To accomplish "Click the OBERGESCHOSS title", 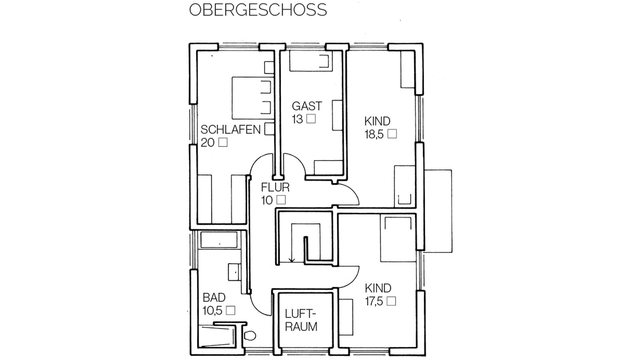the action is coord(258,10).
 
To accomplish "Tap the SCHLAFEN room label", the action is coord(230,129).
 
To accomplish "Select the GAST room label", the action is coord(307,106).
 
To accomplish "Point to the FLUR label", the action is coord(275,187).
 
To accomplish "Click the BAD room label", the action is coord(214,297).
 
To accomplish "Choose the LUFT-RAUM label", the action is coord(301,320).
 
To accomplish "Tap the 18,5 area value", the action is coord(374,134).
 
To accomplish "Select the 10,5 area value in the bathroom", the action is coord(212,311).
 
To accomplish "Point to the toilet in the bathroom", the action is coord(250,335).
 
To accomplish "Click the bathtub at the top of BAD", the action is coord(219,240).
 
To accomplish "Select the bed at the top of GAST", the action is coord(311,61).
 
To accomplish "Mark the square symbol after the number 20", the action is coord(223,142).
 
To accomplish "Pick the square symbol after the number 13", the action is coord(311,119).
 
